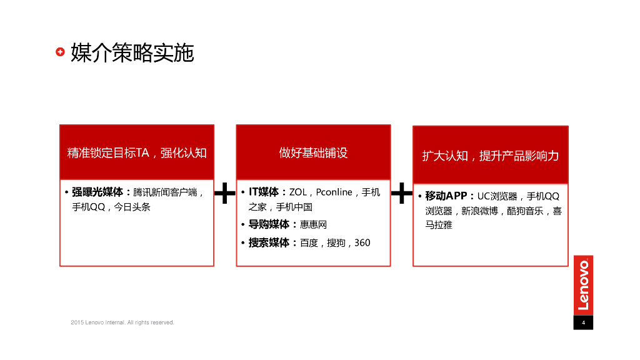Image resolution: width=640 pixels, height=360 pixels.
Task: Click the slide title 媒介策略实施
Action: point(132,52)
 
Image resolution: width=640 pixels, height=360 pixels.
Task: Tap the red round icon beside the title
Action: point(60,52)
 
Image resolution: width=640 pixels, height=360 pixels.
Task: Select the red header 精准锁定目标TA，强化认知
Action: point(137,152)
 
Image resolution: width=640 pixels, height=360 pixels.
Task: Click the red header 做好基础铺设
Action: point(313,152)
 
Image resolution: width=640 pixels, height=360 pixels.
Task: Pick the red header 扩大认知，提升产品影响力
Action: point(491,156)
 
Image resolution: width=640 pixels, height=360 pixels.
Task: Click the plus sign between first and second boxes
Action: point(225,194)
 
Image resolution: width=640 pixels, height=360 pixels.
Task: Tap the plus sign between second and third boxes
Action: point(401,194)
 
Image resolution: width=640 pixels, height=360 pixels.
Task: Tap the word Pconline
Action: point(334,192)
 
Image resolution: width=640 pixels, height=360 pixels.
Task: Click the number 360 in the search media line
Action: point(362,242)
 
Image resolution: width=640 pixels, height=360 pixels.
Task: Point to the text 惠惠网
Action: point(314,224)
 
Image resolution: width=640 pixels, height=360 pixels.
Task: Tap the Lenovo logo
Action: point(583,285)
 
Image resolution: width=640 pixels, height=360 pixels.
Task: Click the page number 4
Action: point(583,322)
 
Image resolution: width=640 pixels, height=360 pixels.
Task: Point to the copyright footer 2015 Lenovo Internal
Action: point(122,322)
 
